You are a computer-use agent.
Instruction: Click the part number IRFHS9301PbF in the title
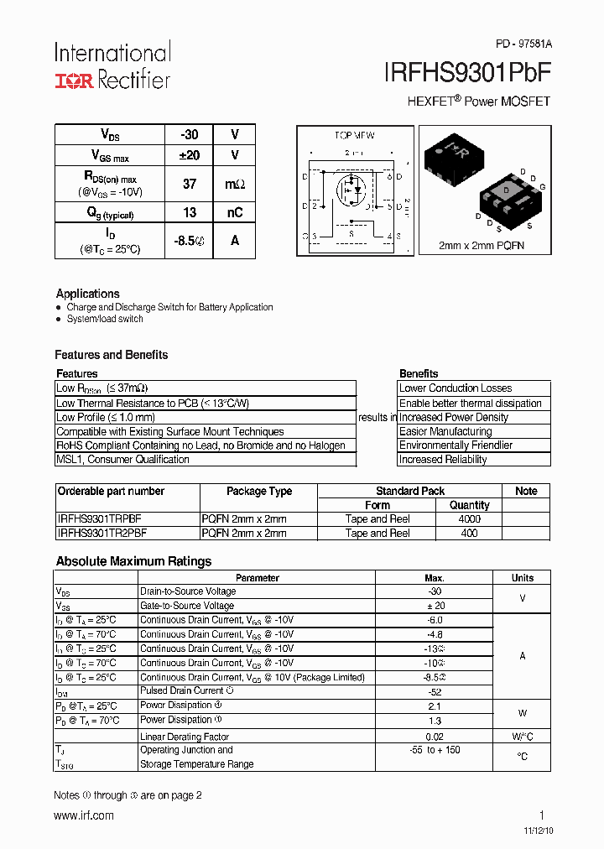coord(467,73)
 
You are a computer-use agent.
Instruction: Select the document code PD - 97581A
coord(523,44)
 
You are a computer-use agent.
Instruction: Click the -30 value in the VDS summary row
coord(190,134)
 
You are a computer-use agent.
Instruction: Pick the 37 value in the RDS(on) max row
coord(190,183)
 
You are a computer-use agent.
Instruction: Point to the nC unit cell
coord(235,213)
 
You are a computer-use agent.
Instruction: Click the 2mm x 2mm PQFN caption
coord(481,246)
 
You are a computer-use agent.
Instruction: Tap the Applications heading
coord(88,294)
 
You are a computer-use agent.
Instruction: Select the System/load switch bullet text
coord(105,319)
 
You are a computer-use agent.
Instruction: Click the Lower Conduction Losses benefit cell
coord(456,388)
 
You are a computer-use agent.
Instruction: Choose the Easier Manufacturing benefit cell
coord(445,431)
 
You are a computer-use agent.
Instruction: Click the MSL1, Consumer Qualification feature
coord(122,460)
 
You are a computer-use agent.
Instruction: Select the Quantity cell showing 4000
coord(470,519)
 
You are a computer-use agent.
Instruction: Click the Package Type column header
coord(259,492)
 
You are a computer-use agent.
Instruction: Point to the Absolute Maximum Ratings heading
coord(133,561)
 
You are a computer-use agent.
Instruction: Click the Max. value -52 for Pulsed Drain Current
coord(435,691)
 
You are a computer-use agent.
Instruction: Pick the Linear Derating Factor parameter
coord(185,737)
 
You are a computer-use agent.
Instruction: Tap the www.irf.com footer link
coord(84,815)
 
